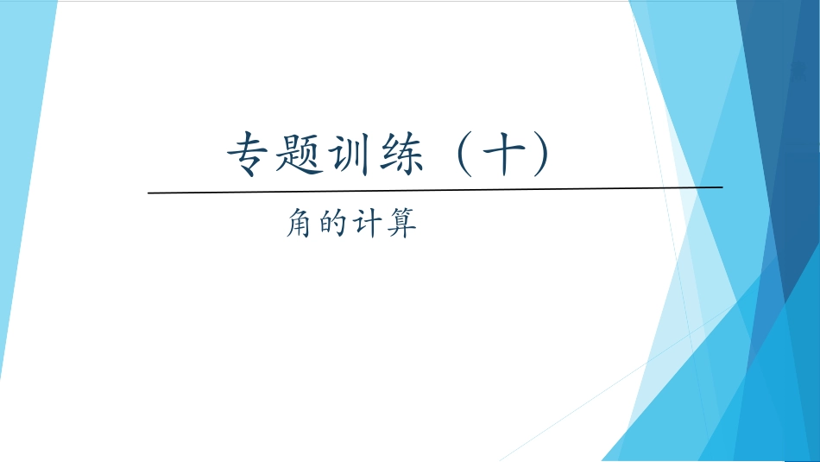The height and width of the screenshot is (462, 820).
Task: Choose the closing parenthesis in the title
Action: point(541,155)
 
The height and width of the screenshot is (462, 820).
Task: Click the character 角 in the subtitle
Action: point(300,226)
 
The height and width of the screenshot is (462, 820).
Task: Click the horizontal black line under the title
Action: point(432,189)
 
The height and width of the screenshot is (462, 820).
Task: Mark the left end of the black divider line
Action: point(149,192)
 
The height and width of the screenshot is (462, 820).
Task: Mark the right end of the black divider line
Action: point(721,187)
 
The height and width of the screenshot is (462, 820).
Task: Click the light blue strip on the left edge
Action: point(22,173)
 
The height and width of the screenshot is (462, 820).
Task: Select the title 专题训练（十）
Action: point(388,155)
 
